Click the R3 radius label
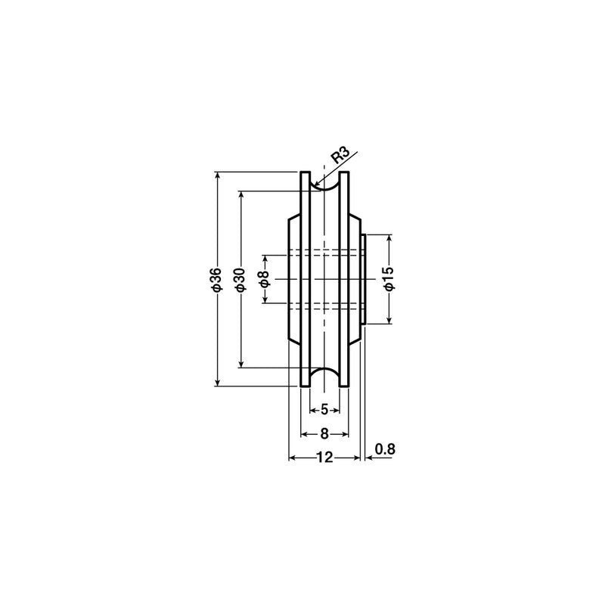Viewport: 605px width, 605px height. pos(341,156)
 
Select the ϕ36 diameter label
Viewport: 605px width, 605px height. pos(217,278)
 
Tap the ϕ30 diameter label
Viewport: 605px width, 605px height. pos(240,279)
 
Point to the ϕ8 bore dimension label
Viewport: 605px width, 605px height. pos(265,279)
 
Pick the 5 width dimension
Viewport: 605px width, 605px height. pos(324,409)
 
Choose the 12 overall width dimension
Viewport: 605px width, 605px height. pos(324,458)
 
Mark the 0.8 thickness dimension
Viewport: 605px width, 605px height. pos(385,448)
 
